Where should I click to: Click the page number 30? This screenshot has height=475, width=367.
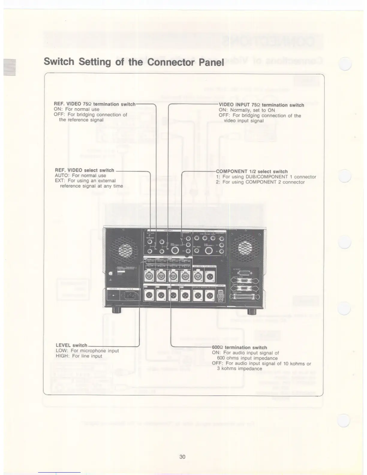pos(182,457)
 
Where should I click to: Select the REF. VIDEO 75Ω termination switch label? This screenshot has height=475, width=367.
pos(94,104)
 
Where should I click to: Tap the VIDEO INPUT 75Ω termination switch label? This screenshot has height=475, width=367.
pos(261,105)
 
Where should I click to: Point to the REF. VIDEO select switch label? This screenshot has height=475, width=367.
pos(85,170)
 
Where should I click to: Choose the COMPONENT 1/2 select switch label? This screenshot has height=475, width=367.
pos(252,172)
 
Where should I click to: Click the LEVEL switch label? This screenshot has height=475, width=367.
pos(71,345)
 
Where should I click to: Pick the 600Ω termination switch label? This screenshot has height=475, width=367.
pos(239,348)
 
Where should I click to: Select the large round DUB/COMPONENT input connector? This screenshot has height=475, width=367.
pos(177,250)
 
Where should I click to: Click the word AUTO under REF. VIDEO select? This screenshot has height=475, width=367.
pos(63,175)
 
